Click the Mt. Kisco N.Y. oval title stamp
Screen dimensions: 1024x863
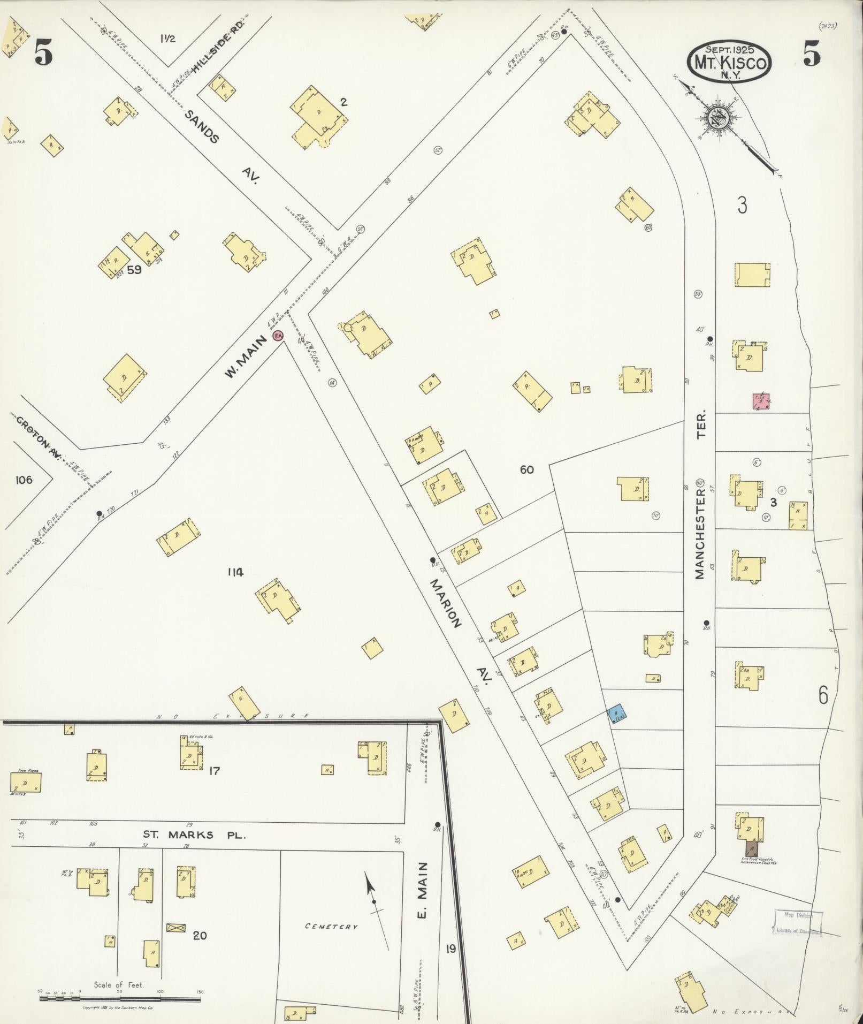point(729,63)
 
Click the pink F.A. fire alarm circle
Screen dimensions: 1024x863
point(278,336)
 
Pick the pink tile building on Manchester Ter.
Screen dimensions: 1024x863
point(761,401)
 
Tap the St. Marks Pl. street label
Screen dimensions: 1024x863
point(194,835)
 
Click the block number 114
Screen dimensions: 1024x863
point(235,572)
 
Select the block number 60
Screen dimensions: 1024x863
point(526,469)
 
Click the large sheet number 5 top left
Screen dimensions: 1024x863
point(43,54)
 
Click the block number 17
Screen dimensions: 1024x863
point(214,771)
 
